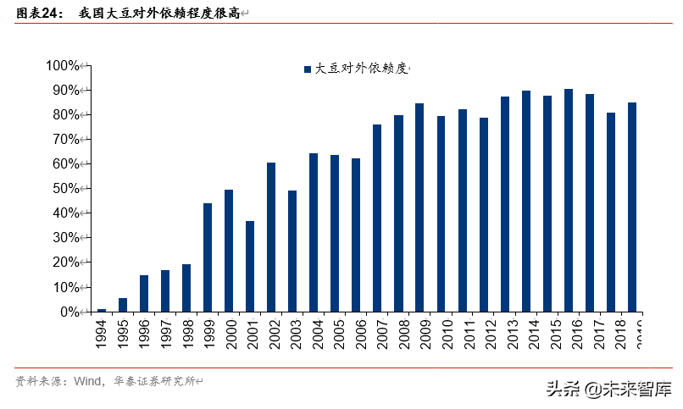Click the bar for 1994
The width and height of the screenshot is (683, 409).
tap(102, 310)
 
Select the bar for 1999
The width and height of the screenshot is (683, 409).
tap(208, 257)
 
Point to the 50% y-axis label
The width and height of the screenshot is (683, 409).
tap(65, 189)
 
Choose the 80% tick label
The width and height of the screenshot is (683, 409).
tap(65, 114)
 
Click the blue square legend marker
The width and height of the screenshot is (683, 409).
tap(307, 69)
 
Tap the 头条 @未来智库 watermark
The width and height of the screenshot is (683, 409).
tap(608, 390)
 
